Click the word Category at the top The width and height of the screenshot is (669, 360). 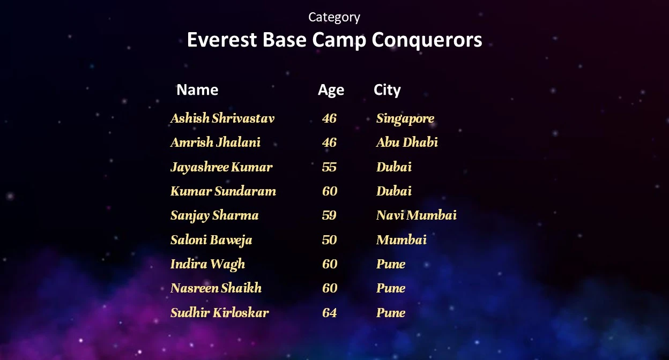click(334, 17)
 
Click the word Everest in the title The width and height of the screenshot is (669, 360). click(222, 40)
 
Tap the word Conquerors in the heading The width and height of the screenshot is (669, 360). click(427, 40)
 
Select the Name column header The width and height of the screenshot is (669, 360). click(197, 89)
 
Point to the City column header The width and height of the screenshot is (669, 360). click(387, 90)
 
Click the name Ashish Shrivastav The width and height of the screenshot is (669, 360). click(222, 118)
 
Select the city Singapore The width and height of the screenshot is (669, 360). click(405, 119)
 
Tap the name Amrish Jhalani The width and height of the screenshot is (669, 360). click(215, 142)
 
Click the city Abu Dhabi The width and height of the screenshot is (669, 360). click(407, 142)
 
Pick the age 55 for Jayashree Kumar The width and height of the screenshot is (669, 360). click(329, 167)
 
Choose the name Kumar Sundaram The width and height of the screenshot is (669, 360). click(223, 191)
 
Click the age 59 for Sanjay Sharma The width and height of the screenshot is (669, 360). click(329, 215)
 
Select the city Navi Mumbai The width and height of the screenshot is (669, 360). click(417, 215)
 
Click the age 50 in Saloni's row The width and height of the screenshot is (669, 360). click(329, 240)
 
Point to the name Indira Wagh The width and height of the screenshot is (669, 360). click(207, 265)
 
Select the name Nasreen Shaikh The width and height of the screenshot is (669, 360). click(216, 288)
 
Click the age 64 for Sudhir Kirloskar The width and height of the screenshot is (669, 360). click(330, 313)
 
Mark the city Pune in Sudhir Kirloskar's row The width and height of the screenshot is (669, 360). click(391, 313)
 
